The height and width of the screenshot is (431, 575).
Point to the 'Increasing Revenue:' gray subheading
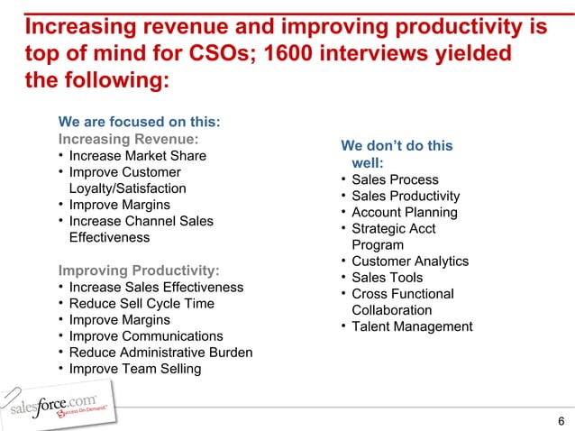tap(128, 140)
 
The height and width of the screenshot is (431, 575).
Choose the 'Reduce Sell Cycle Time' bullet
tap(141, 304)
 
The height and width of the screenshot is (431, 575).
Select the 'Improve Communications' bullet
tap(146, 336)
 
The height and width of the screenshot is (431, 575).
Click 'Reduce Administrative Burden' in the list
tap(160, 353)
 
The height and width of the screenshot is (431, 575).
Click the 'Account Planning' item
tap(405, 213)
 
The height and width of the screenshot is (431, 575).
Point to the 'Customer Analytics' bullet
tap(410, 261)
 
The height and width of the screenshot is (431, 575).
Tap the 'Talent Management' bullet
tap(412, 326)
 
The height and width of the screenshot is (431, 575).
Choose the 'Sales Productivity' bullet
tap(406, 197)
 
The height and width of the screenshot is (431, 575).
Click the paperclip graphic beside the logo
tap(12, 397)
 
